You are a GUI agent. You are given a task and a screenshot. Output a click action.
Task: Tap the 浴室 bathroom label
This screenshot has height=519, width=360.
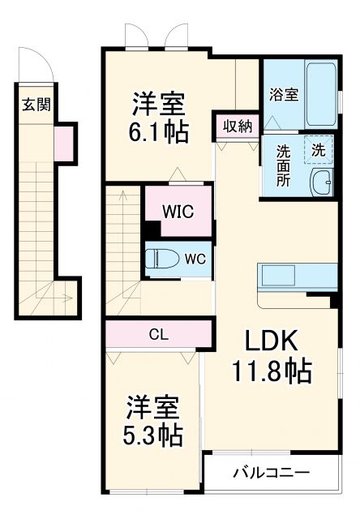[283, 94]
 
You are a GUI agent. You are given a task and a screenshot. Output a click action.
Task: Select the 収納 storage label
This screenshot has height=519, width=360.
[238, 127]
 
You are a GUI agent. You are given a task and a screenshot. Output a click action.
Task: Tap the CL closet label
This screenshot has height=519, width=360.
[158, 332]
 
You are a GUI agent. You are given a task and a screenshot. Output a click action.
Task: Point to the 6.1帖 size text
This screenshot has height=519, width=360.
[160, 131]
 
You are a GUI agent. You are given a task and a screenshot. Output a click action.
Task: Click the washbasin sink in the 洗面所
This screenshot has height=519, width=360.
[322, 183]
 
